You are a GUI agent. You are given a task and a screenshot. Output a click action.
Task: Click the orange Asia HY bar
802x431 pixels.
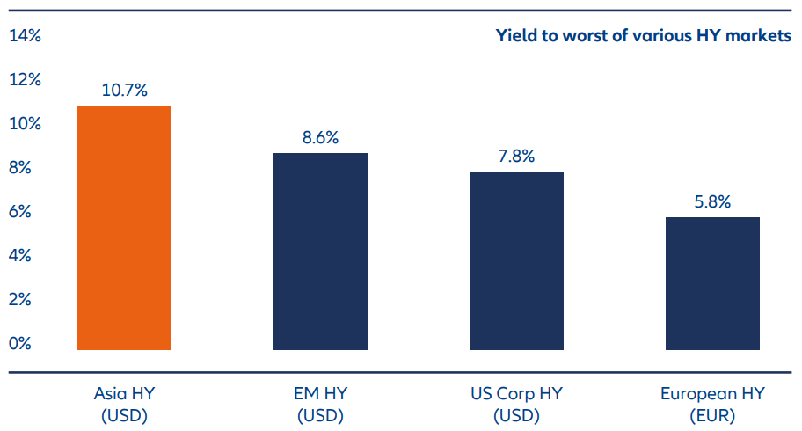[124, 228]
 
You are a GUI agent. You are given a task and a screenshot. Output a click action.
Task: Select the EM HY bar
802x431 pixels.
[320, 252]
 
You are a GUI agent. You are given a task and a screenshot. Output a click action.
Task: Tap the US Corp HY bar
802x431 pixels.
[516, 260]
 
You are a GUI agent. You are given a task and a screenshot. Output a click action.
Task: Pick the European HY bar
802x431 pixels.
[712, 283]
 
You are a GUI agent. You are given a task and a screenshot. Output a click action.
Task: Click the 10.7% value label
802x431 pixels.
[124, 90]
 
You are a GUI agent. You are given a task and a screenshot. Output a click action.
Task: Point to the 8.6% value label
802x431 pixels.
[320, 137]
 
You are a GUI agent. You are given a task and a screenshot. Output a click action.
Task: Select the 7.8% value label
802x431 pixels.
[516, 156]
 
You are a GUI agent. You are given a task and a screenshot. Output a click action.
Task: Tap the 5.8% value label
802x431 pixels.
[712, 201]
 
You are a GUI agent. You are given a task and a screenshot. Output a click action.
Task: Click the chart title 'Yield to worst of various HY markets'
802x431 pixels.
[643, 36]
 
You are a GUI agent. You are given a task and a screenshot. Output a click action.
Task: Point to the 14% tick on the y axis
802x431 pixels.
[25, 36]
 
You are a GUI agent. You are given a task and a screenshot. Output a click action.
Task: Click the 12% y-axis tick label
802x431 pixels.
[25, 80]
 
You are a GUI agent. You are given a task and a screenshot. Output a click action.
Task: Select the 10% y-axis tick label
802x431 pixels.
[25, 124]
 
